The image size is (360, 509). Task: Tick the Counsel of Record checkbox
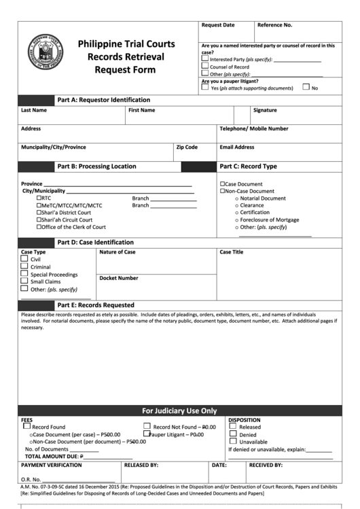tap(205, 67)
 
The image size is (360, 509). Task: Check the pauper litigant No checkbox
tap(306, 87)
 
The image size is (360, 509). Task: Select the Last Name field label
tap(34, 110)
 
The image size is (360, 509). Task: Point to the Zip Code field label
tap(187, 147)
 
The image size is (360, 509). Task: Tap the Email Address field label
tap(236, 147)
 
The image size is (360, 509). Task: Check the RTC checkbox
tap(39, 198)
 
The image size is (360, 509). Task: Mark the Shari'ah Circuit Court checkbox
tap(39, 220)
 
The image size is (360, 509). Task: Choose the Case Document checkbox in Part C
tap(222, 184)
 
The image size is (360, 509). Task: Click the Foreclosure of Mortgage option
tap(269, 220)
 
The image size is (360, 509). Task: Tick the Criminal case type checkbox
tap(24, 266)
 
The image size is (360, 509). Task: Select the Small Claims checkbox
tap(24, 281)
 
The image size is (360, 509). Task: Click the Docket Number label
tap(119, 277)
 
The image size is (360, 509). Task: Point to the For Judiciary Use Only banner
tap(179, 410)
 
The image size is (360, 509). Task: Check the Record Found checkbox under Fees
tap(27, 426)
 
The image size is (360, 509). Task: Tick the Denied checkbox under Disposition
tap(233, 434)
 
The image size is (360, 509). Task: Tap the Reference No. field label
tap(275, 25)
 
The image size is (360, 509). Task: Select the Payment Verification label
tap(52, 466)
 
